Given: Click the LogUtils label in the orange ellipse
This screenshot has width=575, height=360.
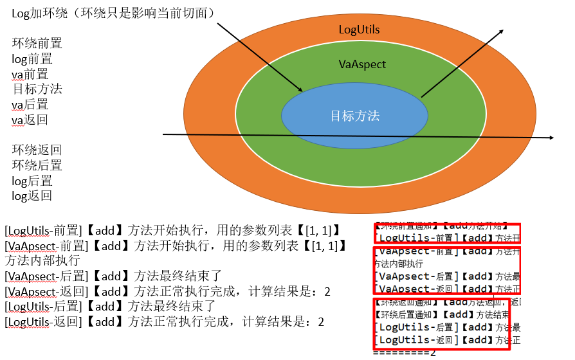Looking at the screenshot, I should [359, 30].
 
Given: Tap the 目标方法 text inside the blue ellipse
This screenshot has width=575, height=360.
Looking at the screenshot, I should [354, 116].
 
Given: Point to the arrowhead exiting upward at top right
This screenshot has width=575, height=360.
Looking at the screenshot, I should [502, 32].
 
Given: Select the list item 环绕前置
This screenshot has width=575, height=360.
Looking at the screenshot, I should [37, 44].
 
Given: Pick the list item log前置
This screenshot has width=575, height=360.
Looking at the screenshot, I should [32, 59].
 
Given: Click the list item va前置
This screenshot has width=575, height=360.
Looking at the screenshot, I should [30, 75].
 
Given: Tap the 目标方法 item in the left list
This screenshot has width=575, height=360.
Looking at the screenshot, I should [37, 89].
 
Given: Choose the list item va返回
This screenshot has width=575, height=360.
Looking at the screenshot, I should [30, 120].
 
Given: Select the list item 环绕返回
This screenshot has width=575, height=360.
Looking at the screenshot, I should [37, 150].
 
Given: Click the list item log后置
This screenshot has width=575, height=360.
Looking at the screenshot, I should [32, 181].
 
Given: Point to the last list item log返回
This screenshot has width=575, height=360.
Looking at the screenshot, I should [32, 196].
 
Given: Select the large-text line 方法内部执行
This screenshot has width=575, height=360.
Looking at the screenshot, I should [42, 260].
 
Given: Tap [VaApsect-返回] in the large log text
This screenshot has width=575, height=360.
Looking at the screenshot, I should [46, 291].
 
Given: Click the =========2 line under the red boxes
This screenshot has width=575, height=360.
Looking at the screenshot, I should [405, 352].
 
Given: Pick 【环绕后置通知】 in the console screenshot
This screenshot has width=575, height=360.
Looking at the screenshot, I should [405, 315].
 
